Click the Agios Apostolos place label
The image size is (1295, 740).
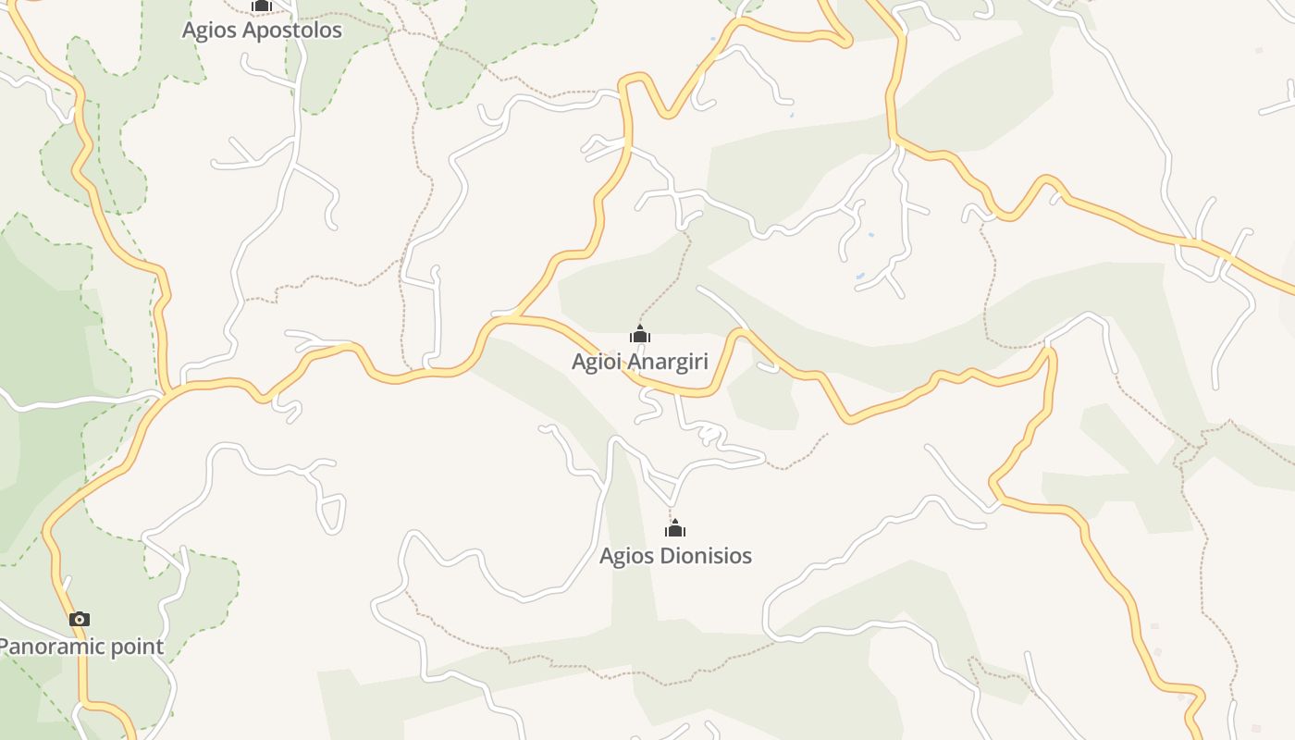tap(262, 31)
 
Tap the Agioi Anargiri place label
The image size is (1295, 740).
tap(639, 362)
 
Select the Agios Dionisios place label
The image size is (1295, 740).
tap(675, 556)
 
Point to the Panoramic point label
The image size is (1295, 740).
tap(80, 647)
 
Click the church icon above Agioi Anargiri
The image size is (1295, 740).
tap(639, 334)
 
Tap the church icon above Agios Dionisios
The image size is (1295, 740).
tap(675, 528)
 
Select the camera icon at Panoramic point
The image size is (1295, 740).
tap(80, 619)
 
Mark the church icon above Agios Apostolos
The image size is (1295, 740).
tap(262, 6)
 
